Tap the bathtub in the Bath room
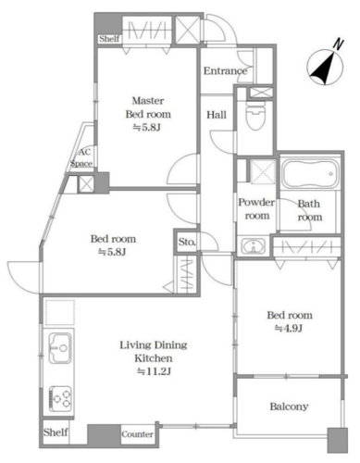tap(311, 174)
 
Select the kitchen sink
tap(60, 348)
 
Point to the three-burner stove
tap(60, 398)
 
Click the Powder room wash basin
tap(254, 246)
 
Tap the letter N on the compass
tap(339, 44)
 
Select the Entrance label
tap(225, 71)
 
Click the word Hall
tap(217, 115)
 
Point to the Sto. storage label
tap(187, 242)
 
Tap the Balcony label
tap(289, 407)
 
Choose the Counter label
tap(137, 434)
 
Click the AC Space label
tap(81, 157)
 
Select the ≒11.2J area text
tap(154, 371)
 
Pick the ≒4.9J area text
tap(289, 329)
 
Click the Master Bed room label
tap(148, 107)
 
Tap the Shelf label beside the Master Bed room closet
tap(109, 39)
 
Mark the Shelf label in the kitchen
tap(56, 432)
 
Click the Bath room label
tap(309, 210)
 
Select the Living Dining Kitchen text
tap(154, 352)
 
